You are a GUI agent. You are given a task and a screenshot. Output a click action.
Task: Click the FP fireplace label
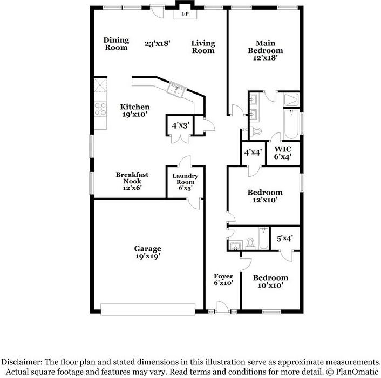point(185,13)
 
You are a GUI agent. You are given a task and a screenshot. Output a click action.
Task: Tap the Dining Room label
point(116,44)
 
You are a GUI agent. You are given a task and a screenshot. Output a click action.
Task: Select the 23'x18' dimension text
point(158,43)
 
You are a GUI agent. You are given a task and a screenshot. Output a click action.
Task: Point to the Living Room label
point(203,47)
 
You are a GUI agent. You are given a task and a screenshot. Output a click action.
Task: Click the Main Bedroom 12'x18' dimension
point(266,58)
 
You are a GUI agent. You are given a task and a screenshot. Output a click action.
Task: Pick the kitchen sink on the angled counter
point(177,90)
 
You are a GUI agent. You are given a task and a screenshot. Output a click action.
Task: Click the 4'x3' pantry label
point(179,125)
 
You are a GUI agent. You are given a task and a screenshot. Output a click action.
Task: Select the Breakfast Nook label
point(132,178)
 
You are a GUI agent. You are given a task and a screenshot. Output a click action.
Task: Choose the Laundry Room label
point(185,179)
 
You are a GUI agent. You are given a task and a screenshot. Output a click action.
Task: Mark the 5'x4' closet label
point(284,238)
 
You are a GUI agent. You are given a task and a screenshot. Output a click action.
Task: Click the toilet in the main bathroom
point(256,130)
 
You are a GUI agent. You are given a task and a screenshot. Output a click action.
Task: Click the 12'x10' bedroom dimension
point(264,200)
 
